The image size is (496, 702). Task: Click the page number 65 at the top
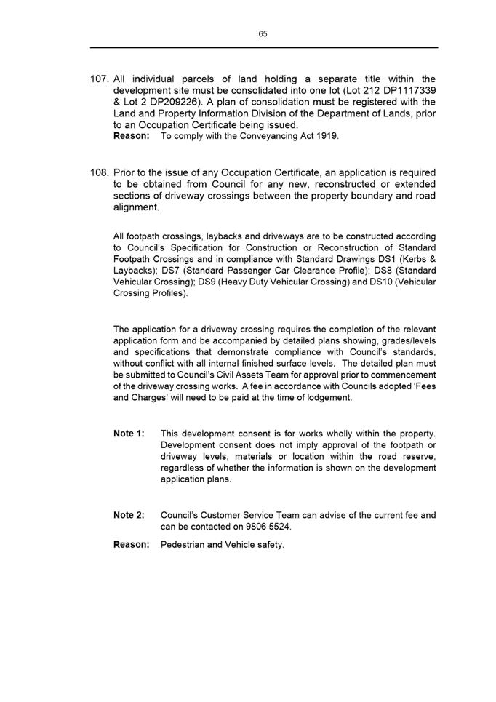tap(263, 34)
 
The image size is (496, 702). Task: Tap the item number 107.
tap(100, 79)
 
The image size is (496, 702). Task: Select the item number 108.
tap(100, 173)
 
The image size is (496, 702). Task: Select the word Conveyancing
tap(268, 136)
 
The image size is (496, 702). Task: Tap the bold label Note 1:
tap(129, 434)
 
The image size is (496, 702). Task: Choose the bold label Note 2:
tap(129, 515)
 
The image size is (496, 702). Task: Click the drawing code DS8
tap(383, 271)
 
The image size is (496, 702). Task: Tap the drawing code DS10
tap(365, 282)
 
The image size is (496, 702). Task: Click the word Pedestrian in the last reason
tap(183, 544)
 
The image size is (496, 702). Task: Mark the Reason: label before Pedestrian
tap(132, 544)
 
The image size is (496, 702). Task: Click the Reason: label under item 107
tap(132, 136)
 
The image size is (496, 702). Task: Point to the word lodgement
tap(327, 398)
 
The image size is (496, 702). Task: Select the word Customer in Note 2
tap(220, 515)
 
